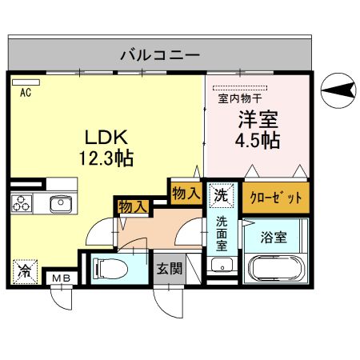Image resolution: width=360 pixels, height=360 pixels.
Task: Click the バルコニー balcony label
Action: click(160, 55)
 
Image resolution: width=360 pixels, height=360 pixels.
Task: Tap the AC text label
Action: click(25, 92)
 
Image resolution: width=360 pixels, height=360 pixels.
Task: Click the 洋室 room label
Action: click(256, 121)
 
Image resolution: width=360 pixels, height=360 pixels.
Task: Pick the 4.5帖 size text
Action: click(256, 141)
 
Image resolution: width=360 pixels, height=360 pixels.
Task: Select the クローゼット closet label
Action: click(265, 197)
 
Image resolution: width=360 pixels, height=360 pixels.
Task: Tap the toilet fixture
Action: click(111, 266)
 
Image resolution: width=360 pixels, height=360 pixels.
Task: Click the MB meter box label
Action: click(61, 278)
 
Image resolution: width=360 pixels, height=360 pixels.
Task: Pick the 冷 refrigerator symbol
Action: click(23, 270)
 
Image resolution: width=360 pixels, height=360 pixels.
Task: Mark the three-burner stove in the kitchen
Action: click(22, 204)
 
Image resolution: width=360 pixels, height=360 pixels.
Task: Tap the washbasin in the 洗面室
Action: click(220, 266)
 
